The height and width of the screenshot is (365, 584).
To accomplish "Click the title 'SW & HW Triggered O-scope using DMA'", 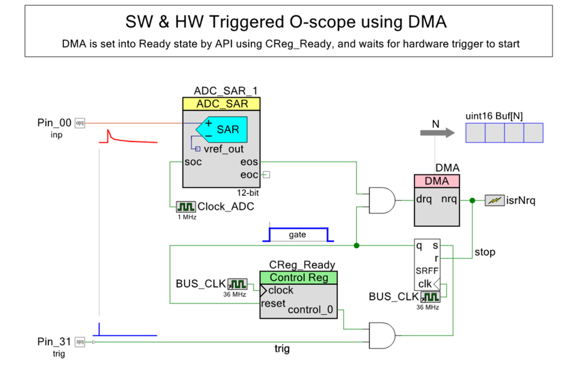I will click(286, 22).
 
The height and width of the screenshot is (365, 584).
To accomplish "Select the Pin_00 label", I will click(54, 123).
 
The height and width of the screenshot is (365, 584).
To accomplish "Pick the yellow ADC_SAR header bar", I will click(221, 104).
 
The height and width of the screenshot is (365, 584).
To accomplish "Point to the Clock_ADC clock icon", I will click(186, 206).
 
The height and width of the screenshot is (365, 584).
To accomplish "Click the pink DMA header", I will click(437, 181).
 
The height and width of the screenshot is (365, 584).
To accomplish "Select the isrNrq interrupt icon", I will click(495, 201).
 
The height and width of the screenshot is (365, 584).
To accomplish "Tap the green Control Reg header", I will click(298, 277).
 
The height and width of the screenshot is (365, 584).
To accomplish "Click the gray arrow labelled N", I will click(437, 133).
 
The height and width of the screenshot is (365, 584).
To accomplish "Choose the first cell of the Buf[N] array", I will click(475, 133).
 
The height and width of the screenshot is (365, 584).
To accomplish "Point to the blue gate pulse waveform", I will click(298, 234).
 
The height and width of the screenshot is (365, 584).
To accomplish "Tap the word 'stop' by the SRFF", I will click(485, 252).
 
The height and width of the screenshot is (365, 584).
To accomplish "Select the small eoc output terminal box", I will click(266, 174).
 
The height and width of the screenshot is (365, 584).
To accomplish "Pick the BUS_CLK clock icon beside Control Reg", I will click(237, 284).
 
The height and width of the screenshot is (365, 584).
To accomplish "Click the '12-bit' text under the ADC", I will click(246, 191).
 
